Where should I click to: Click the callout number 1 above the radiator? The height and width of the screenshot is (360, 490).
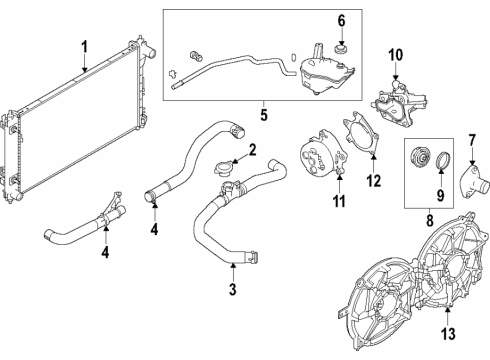coord(85,46)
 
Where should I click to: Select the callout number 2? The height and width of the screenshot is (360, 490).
coord(252,150)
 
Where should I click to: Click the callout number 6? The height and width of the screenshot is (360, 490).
coord(341,20)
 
